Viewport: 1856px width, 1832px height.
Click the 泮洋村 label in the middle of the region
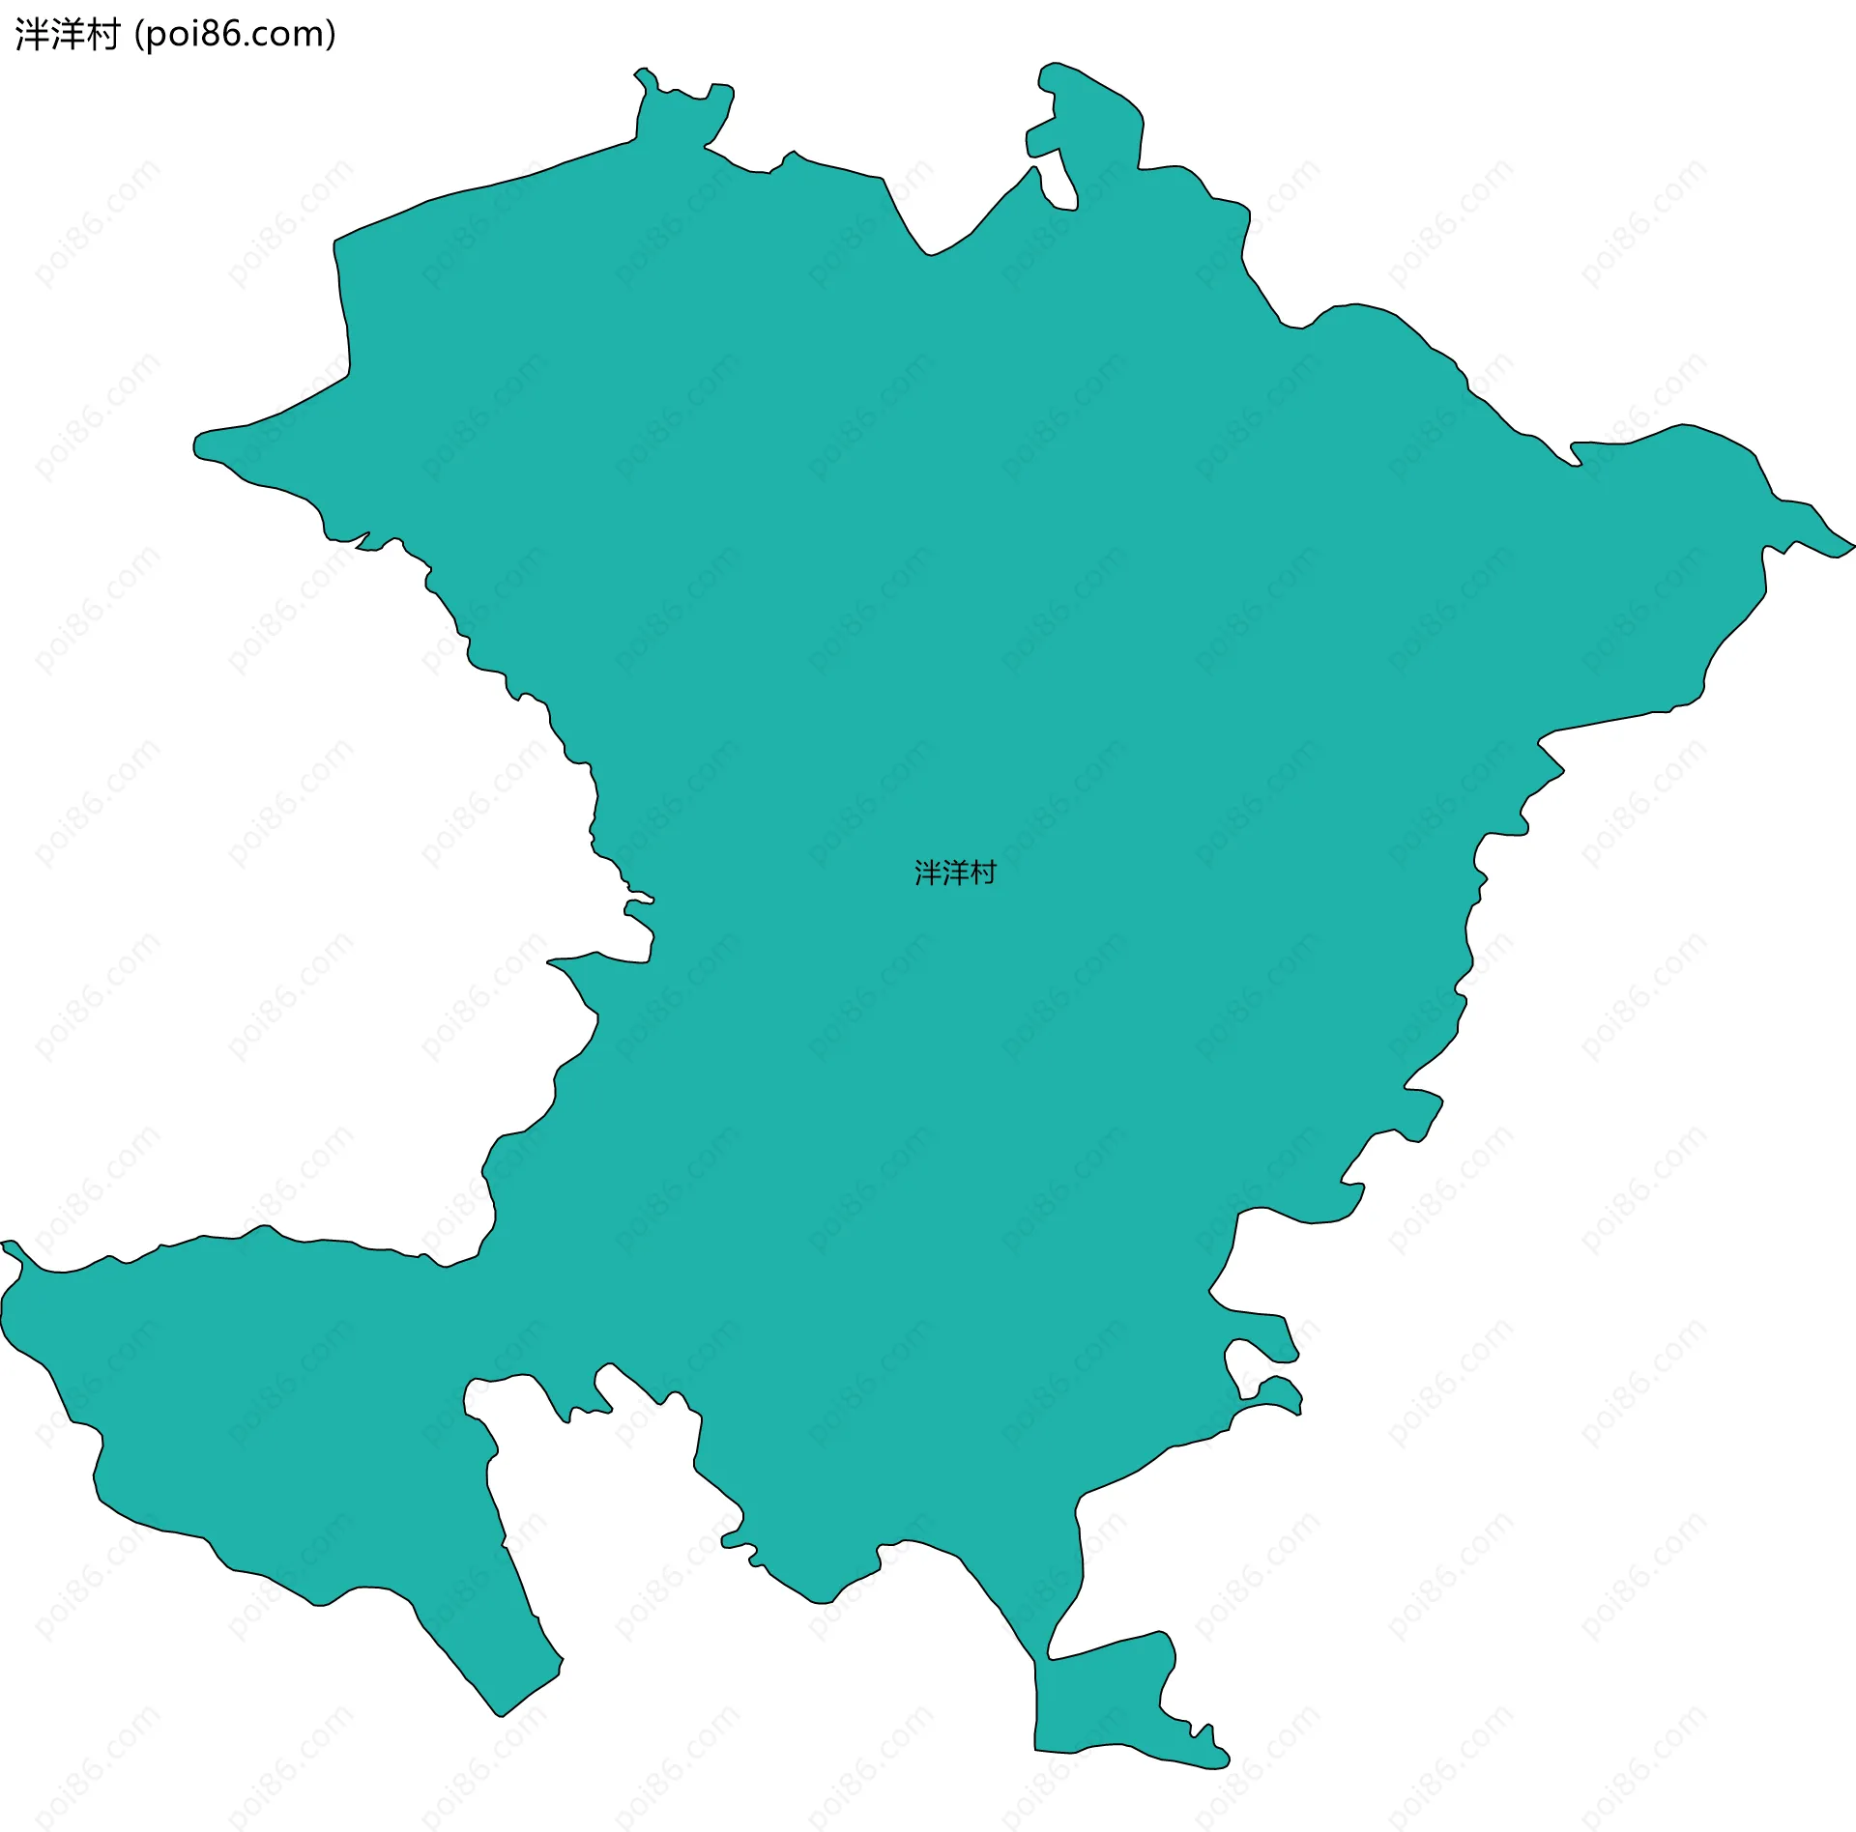point(955,873)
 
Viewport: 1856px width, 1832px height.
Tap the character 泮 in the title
point(31,35)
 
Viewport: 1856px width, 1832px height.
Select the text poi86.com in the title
point(235,35)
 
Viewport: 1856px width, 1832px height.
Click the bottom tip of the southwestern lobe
point(501,1713)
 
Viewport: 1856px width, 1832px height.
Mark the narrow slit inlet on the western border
point(638,904)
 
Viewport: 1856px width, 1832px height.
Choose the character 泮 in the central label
point(928,873)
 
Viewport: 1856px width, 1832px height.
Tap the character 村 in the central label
point(983,873)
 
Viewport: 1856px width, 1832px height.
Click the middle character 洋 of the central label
point(955,873)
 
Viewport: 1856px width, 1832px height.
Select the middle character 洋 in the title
point(66,35)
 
